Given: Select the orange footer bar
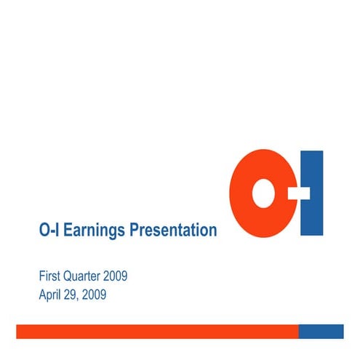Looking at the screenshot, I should [x=157, y=331].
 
